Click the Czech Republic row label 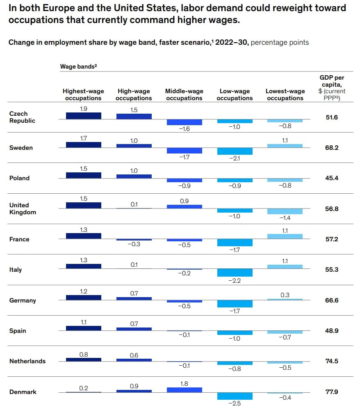(22, 117)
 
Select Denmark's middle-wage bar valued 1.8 (184, 389)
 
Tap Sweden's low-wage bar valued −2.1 (235, 151)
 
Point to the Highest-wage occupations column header (83, 94)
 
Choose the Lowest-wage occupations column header (285, 94)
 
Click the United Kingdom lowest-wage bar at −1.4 (285, 211)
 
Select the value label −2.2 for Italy (235, 281)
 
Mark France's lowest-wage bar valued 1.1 (285, 236)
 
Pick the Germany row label (23, 300)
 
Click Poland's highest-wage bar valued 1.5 (83, 175)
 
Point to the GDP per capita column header (332, 87)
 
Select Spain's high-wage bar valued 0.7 (134, 329)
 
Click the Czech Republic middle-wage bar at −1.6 (184, 122)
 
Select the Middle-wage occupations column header (184, 94)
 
